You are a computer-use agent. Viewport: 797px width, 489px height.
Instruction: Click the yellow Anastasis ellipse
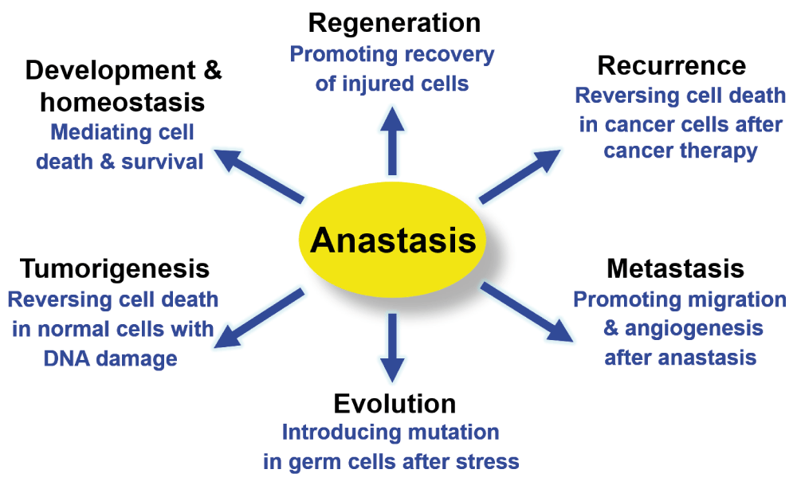click(392, 239)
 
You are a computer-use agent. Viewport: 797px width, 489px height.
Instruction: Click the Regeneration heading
click(395, 23)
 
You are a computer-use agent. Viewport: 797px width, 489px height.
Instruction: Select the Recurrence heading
click(671, 65)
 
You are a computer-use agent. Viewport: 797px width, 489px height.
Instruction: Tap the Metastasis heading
click(676, 268)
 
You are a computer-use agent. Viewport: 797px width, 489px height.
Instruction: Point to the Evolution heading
click(395, 404)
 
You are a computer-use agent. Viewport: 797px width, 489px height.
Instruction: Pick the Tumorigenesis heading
click(115, 269)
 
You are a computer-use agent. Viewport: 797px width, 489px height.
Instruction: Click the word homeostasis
click(123, 103)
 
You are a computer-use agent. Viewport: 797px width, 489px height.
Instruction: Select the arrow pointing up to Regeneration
click(392, 141)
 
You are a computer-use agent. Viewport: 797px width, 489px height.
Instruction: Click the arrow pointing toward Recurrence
click(520, 176)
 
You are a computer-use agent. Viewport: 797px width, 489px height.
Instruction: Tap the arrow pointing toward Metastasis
click(527, 311)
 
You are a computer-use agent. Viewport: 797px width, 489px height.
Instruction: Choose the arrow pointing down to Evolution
click(392, 348)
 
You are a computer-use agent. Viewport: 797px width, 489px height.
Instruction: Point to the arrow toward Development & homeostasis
click(259, 176)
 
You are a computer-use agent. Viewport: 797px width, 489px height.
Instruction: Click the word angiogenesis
click(694, 329)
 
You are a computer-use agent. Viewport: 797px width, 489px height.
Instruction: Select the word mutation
click(453, 432)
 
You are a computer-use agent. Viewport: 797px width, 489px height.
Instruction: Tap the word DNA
click(67, 358)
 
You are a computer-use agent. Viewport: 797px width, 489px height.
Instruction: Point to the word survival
click(162, 162)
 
